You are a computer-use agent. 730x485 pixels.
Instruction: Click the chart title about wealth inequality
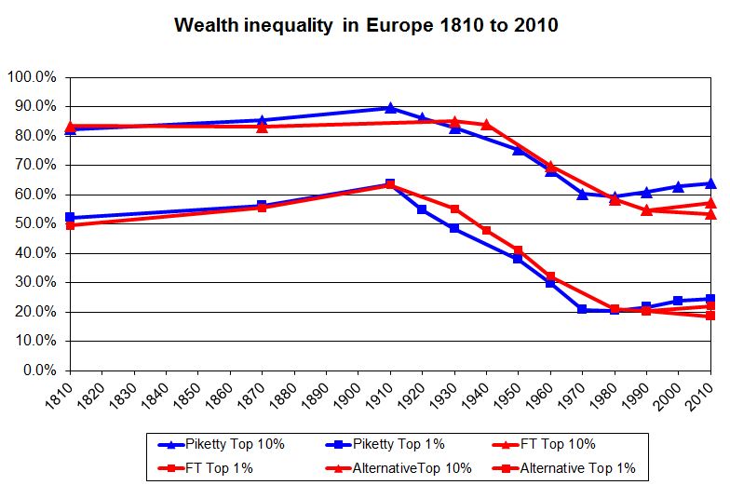[x=366, y=25]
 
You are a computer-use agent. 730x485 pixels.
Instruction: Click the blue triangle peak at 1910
[x=390, y=108]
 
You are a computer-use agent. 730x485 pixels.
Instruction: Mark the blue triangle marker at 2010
[x=710, y=183]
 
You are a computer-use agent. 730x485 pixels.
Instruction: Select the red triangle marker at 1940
[x=486, y=125]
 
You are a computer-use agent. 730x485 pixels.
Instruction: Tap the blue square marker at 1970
[x=582, y=309]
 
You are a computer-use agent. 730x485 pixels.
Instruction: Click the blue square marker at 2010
[x=710, y=299]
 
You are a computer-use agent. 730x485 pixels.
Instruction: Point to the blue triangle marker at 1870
[x=262, y=120]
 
